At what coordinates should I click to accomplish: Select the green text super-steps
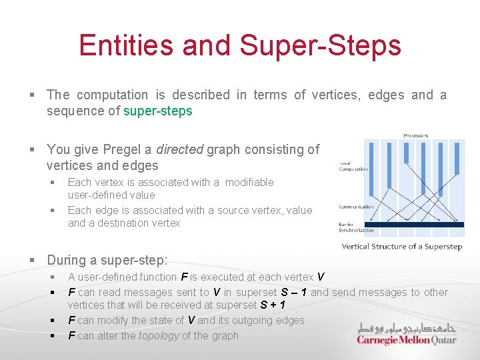pos(158,111)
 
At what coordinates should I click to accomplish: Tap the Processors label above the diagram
pos(417,135)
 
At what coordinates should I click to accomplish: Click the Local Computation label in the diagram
pos(353,166)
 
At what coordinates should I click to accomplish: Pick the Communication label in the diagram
pos(356,207)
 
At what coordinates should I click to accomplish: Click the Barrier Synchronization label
pos(356,227)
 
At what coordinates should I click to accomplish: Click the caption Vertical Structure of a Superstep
pos(402,247)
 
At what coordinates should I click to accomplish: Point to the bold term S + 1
pos(273,305)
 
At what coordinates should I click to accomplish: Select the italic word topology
pos(158,335)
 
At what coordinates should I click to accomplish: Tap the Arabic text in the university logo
pos(407,328)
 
